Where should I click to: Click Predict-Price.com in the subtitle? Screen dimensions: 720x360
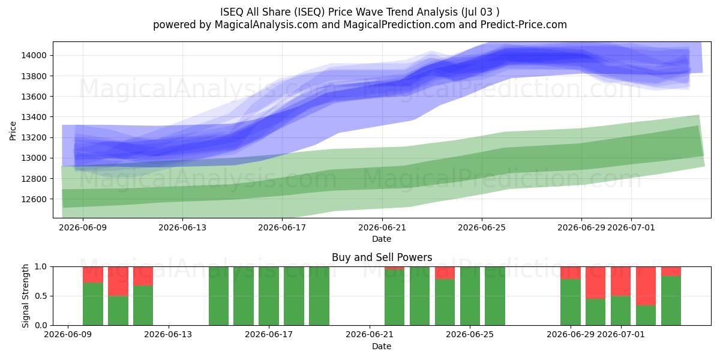coord(524,25)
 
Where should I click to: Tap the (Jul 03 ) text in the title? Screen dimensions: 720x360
coord(480,12)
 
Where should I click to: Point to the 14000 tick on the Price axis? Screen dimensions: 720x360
coord(34,55)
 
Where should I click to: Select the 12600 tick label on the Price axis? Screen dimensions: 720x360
coord(34,199)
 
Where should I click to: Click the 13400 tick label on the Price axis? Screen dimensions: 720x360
coord(34,117)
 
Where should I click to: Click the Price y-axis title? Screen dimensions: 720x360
coord(13,131)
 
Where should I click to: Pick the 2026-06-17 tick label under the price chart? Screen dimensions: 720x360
coord(282,227)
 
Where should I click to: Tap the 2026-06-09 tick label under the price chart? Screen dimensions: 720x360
coord(83,227)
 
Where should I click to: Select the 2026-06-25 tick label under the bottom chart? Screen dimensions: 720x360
coord(470,335)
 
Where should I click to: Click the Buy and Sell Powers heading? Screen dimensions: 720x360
coord(382,257)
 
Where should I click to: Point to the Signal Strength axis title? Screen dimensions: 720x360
coord(25,296)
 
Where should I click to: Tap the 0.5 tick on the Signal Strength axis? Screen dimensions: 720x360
coord(41,296)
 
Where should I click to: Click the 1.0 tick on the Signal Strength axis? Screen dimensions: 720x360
coord(41,267)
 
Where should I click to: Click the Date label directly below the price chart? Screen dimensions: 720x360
coord(382,239)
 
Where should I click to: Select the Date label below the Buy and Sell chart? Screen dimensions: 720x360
coord(382,347)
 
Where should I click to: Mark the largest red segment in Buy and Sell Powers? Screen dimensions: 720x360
coord(646,286)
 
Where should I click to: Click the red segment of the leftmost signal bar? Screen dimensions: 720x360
coord(93,275)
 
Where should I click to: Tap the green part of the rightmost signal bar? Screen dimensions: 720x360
coord(671,301)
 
